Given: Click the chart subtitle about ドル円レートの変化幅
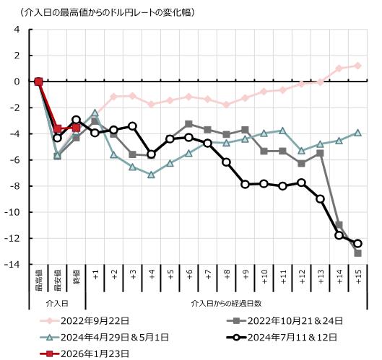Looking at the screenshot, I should (x=102, y=12).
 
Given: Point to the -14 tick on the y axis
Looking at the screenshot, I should (x=14, y=265).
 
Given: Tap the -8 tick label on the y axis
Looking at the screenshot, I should (x=15, y=186).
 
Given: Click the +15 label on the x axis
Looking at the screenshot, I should (x=357, y=278).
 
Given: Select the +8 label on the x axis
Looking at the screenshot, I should (x=226, y=278).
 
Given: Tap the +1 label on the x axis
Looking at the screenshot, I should (x=95, y=278).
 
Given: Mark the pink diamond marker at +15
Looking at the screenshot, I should (x=357, y=66).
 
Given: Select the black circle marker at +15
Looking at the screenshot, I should (x=357, y=244).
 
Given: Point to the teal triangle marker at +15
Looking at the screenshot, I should (x=357, y=133).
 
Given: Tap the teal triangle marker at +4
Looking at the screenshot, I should (x=151, y=175).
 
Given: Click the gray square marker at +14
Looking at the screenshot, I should (x=339, y=225).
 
